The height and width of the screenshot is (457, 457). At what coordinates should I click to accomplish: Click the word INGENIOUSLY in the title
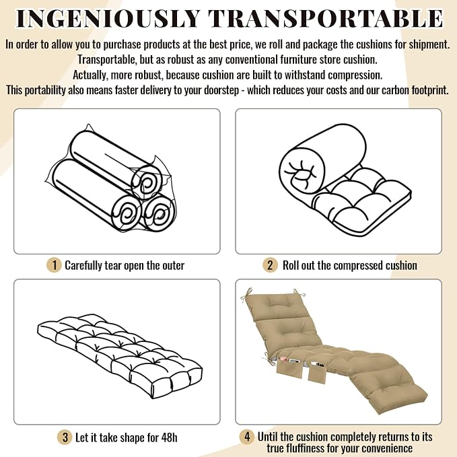[x=108, y=18]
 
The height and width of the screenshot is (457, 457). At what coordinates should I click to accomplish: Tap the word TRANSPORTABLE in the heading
[x=326, y=18]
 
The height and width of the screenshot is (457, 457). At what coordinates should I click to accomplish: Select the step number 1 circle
[x=54, y=265]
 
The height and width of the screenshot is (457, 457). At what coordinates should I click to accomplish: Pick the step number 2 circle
[x=270, y=265]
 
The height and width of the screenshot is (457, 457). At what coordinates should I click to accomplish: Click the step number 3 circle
[x=65, y=437]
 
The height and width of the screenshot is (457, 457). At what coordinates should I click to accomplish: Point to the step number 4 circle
[x=247, y=437]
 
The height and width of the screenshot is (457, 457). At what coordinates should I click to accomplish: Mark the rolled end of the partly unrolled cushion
[x=302, y=172]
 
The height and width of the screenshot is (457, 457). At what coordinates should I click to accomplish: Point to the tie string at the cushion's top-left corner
[x=246, y=295]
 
